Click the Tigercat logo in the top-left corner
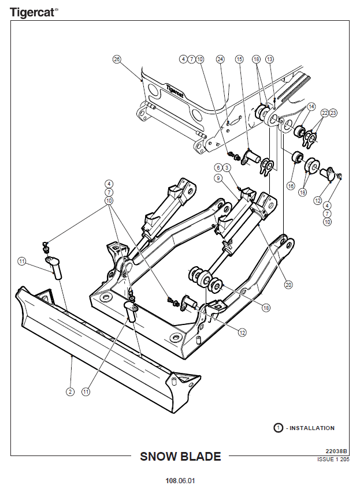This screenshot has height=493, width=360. click(x=34, y=13)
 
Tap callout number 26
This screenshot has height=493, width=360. click(x=117, y=59)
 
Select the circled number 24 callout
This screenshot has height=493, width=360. click(x=220, y=59)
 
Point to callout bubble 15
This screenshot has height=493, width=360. click(x=239, y=59)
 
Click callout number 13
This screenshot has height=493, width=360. click(x=270, y=59)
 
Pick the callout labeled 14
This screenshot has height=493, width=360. click(x=311, y=107)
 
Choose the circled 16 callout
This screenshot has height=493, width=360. click(x=291, y=186)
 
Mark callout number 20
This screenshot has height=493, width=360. click(x=288, y=285)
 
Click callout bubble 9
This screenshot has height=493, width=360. click(x=218, y=178)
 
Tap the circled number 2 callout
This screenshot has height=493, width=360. click(x=70, y=391)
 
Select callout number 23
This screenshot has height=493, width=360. click(x=333, y=113)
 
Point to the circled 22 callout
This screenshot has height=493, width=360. click(x=325, y=113)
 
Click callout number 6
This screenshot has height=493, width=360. click(x=218, y=167)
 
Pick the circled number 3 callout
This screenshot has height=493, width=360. click(x=227, y=167)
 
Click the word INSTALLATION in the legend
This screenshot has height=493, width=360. click(x=312, y=428)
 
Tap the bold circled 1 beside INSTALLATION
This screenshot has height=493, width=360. click(x=278, y=428)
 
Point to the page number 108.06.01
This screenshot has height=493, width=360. click(x=180, y=481)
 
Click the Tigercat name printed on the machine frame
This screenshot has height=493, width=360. click(x=175, y=91)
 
